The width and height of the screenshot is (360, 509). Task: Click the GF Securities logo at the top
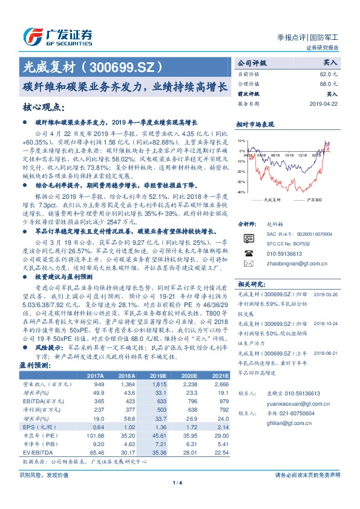pyautogui.click(x=57, y=36)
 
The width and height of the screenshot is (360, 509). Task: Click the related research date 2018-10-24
pyautogui.click(x=327, y=323)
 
